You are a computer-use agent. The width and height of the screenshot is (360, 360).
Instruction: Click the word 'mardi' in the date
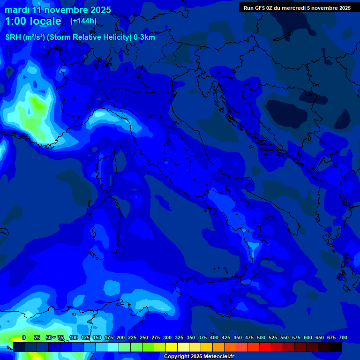tap(16, 10)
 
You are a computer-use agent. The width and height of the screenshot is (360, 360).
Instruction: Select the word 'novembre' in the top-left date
tap(65, 10)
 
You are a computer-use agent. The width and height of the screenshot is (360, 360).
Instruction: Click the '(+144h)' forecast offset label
tap(83, 21)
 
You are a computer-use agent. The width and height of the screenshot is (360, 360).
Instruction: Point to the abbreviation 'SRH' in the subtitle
tap(13, 37)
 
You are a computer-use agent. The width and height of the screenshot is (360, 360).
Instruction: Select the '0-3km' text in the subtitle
tap(144, 37)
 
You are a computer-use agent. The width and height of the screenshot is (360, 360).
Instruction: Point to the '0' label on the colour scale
tap(24, 337)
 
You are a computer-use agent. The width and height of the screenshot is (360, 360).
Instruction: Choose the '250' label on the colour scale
tap(144, 337)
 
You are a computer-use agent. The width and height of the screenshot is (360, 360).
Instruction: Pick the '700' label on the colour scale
tap(343, 337)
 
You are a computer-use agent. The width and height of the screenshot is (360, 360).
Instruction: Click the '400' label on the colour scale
tap(214, 337)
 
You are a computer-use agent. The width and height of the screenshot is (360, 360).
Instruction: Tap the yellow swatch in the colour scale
tap(172, 347)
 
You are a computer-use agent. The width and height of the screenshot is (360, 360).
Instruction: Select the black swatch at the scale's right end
tap(336, 347)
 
